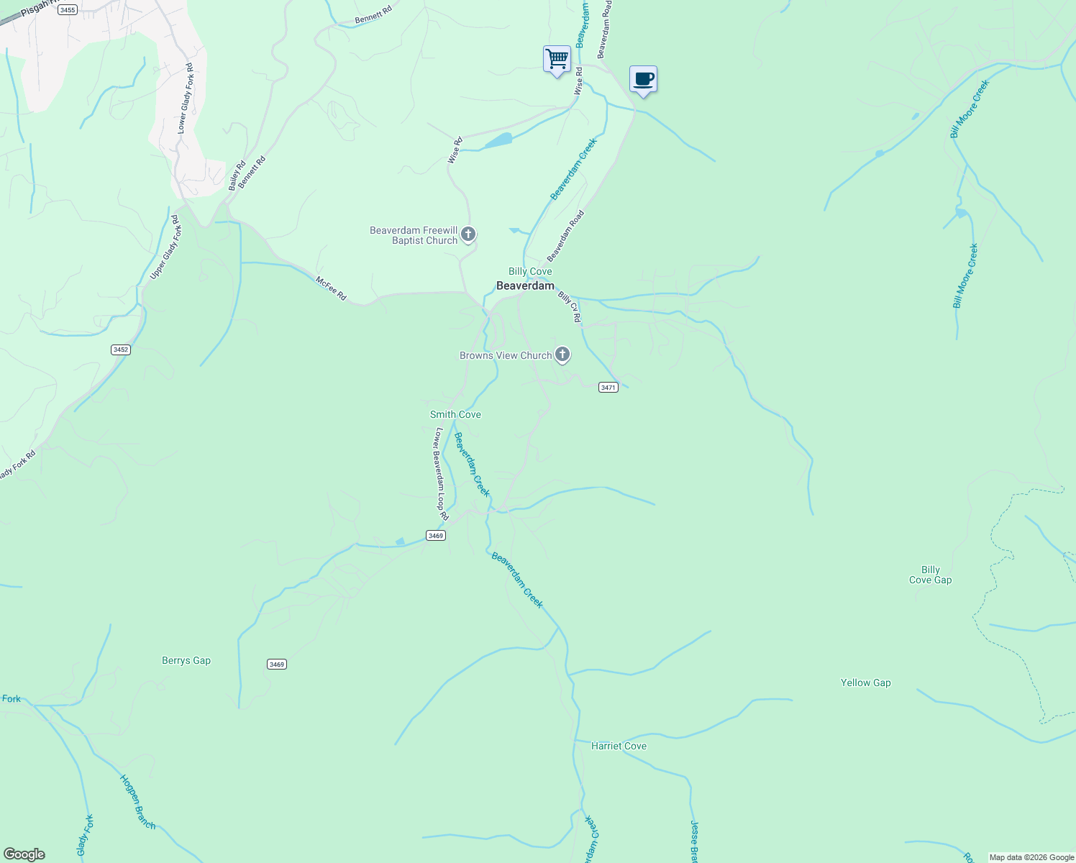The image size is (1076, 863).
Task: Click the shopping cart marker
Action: tap(557, 59)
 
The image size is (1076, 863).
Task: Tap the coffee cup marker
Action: tap(643, 79)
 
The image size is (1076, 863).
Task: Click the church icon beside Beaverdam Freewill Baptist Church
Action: tap(468, 234)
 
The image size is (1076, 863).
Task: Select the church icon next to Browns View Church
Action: tap(562, 355)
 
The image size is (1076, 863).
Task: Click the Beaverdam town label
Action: tap(525, 286)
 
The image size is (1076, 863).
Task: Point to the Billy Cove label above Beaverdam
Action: tap(530, 271)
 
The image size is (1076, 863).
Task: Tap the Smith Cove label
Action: tap(455, 414)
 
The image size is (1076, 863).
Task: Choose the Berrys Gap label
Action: tap(186, 660)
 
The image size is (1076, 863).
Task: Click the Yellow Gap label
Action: tap(865, 682)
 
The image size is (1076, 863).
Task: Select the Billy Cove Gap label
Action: tap(930, 575)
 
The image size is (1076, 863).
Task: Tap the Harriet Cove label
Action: tap(619, 746)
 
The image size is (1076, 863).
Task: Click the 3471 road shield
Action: tap(608, 387)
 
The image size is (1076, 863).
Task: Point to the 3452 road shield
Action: tap(120, 350)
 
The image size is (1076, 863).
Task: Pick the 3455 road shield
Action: tap(68, 9)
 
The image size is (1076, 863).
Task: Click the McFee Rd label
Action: tap(331, 288)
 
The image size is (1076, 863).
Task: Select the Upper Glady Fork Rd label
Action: tap(165, 247)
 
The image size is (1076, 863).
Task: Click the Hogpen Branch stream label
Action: tap(137, 802)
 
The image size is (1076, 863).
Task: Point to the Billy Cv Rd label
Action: tap(569, 306)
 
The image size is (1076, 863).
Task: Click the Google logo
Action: tap(24, 854)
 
